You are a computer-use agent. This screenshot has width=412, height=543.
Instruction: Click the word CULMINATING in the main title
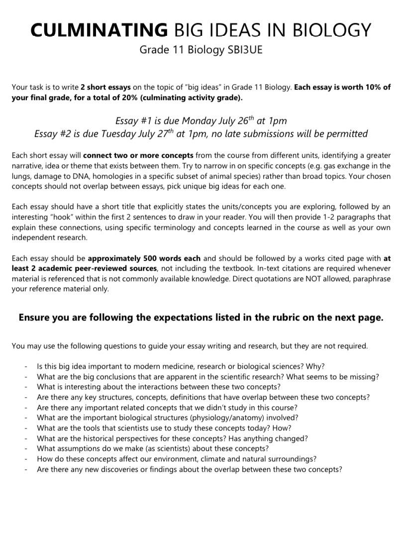99,30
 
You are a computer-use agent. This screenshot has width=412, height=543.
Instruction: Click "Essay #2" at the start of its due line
52,133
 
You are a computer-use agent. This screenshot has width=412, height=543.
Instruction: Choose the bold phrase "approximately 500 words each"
144,258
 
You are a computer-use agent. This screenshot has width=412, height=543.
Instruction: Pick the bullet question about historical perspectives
172,438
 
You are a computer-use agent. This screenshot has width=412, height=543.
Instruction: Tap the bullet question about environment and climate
177,459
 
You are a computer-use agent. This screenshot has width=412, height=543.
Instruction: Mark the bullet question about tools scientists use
164,428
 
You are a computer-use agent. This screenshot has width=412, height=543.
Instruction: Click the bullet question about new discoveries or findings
189,469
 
